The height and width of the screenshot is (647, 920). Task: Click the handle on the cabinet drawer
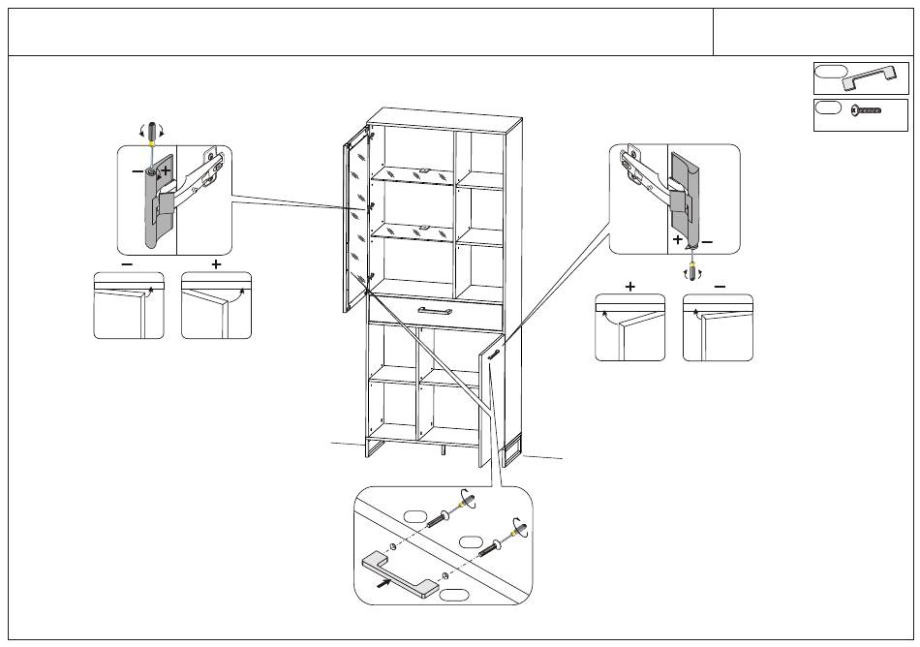pyautogui.click(x=436, y=310)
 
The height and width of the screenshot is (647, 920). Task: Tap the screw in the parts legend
pyautogui.click(x=868, y=111)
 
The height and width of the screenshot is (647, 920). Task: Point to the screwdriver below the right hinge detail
pyautogui.click(x=691, y=266)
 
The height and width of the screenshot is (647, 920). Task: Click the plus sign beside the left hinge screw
pyautogui.click(x=166, y=170)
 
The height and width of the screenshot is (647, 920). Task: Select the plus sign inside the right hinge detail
pyautogui.click(x=678, y=239)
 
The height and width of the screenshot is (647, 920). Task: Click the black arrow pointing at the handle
pyautogui.click(x=384, y=582)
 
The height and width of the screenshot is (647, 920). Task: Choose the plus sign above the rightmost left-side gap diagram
pyautogui.click(x=216, y=263)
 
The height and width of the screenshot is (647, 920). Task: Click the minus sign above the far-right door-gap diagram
pyautogui.click(x=720, y=286)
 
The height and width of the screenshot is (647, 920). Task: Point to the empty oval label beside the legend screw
pyautogui.click(x=828, y=108)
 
